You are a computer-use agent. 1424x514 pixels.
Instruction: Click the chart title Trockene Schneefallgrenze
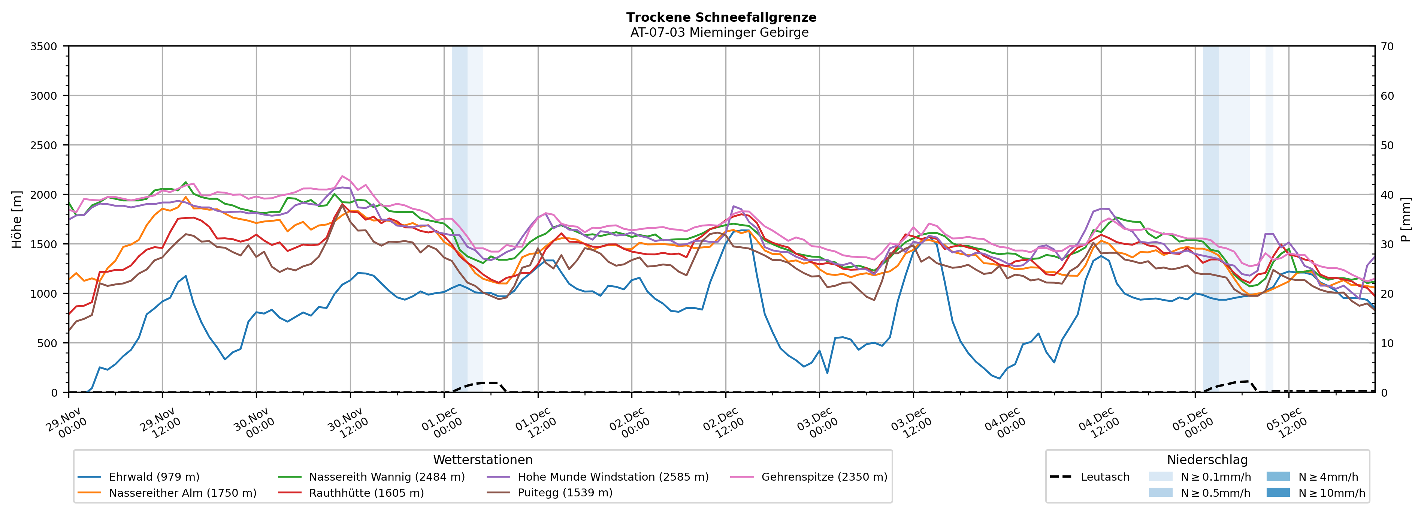721,17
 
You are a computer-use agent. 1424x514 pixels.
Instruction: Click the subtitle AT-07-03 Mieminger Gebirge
719,33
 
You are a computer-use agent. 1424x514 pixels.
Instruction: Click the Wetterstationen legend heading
483,460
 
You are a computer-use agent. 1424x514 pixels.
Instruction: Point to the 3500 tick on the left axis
44,46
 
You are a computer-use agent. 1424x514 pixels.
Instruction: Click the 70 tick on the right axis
1387,46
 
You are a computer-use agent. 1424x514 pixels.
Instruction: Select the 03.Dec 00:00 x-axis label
816,423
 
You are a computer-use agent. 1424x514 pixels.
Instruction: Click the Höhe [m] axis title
17,219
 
